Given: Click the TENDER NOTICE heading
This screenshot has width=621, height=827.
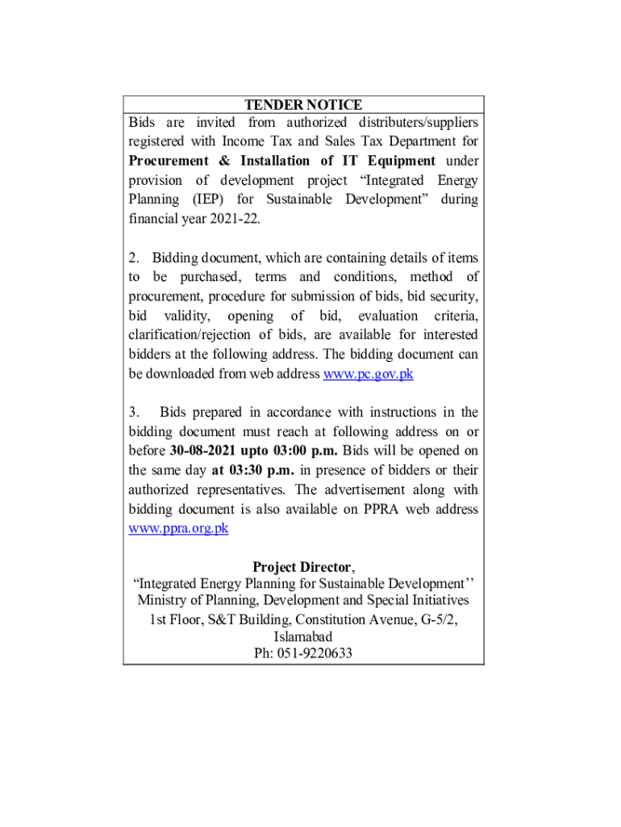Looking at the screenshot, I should coord(303,105).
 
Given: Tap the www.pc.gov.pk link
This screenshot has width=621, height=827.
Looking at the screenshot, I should coord(368,374).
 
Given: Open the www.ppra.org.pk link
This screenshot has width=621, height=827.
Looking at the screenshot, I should coord(178,528).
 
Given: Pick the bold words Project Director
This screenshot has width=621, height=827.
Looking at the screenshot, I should coord(302,567).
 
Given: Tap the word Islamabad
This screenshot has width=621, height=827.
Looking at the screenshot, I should coord(303,636).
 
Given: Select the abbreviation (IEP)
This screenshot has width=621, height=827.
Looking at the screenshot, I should coord(208,199).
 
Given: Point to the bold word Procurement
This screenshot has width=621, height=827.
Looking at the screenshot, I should coord(167,161).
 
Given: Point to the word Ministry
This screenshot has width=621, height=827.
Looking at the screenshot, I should coord(164,601).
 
